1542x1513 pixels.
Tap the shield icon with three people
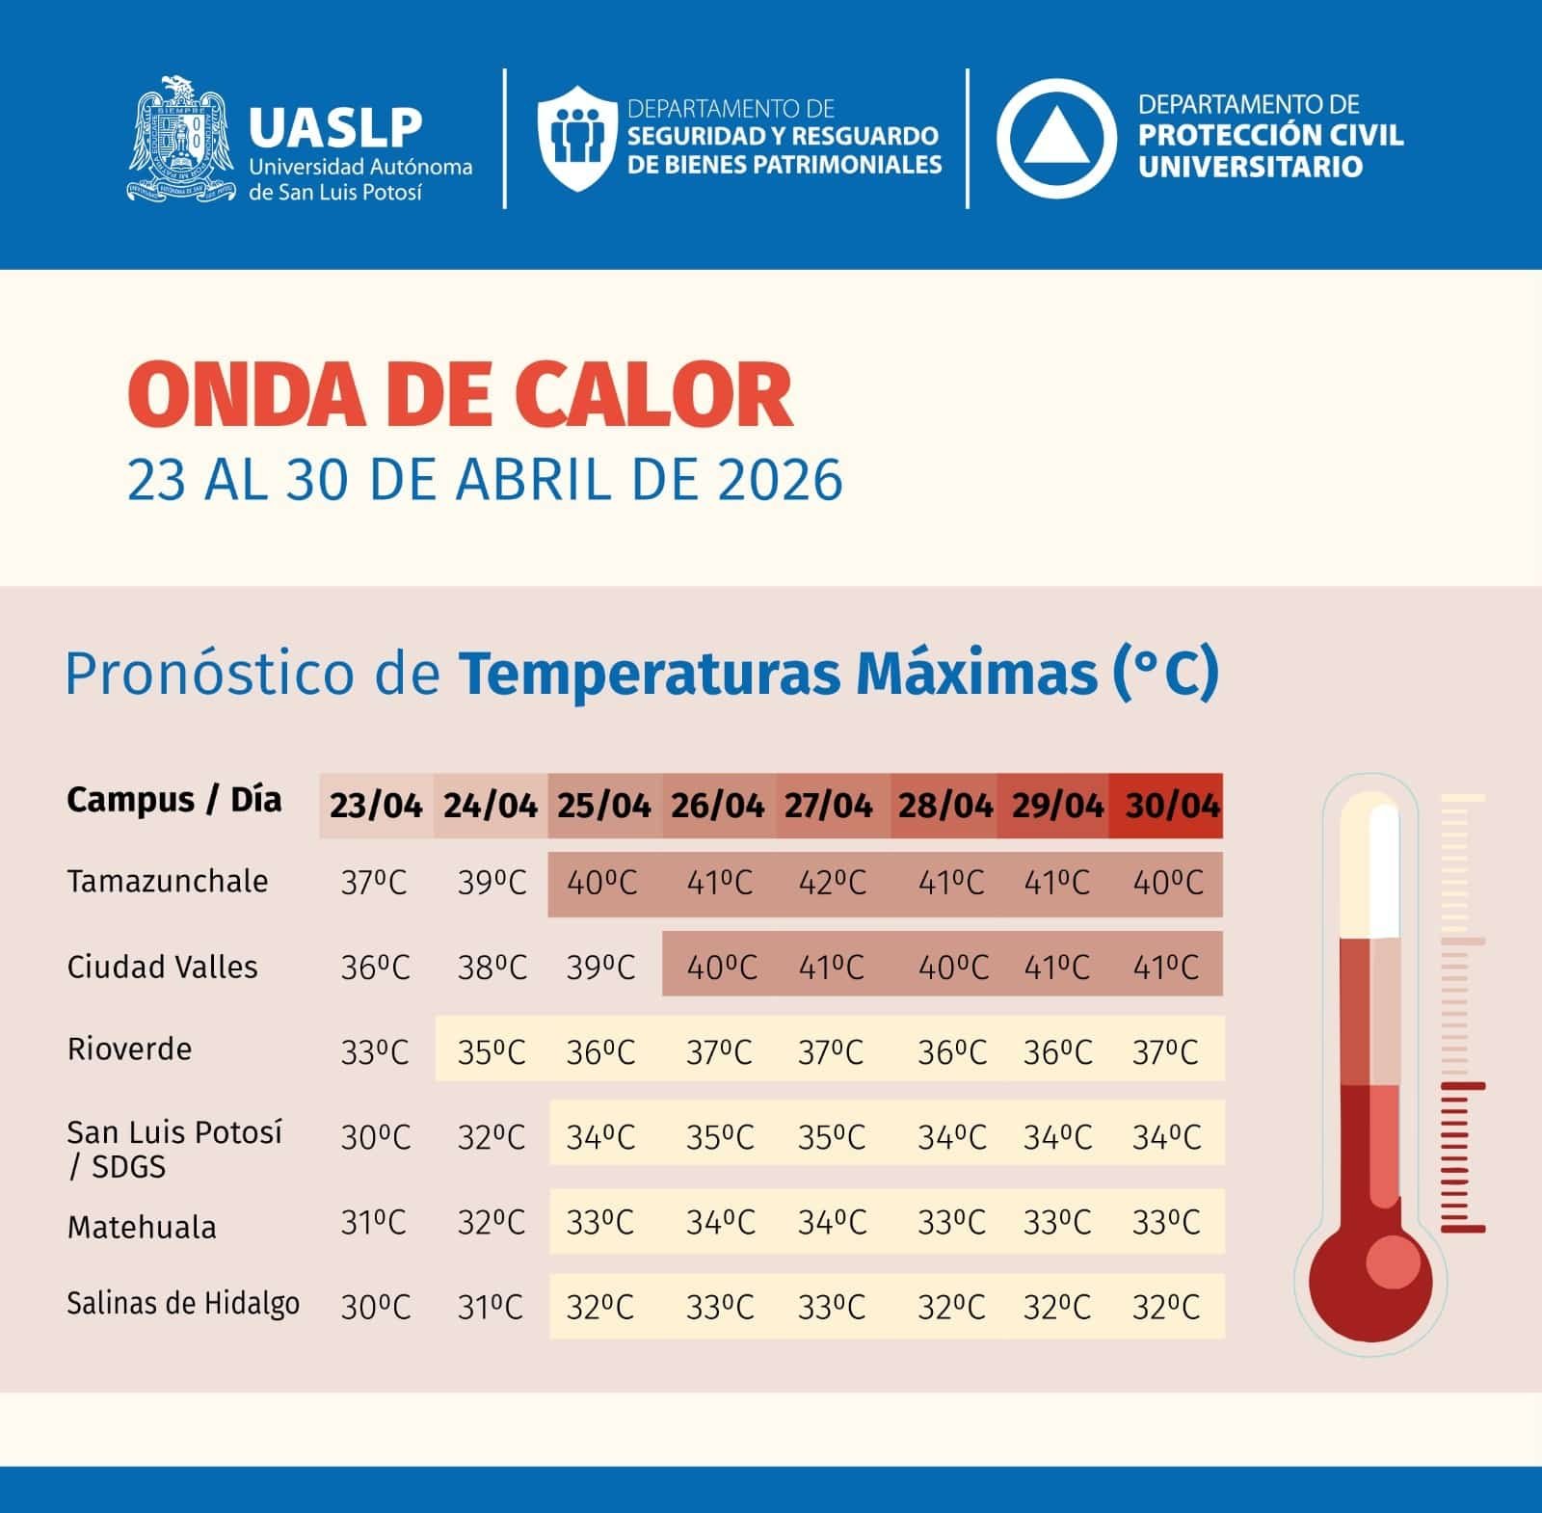click(576, 138)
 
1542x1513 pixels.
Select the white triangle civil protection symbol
click(1055, 139)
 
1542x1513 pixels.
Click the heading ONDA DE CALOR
click(460, 394)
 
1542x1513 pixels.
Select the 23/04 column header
click(376, 806)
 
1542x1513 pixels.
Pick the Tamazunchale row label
click(167, 882)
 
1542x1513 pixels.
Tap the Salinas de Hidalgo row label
click(182, 1304)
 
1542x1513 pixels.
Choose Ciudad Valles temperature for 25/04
click(600, 968)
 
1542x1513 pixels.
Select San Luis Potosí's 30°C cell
click(375, 1138)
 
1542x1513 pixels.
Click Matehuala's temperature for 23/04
click(375, 1223)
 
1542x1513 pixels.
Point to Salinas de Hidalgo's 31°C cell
click(491, 1308)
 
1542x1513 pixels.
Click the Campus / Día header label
click(174, 800)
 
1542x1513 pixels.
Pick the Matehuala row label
click(142, 1228)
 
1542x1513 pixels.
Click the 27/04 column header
click(829, 806)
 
